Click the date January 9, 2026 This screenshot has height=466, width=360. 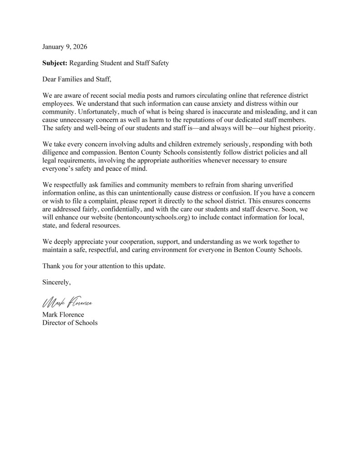65,47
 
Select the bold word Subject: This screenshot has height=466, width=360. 55,63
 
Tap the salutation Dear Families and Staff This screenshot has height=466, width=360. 77,80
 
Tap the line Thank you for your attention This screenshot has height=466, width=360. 104,266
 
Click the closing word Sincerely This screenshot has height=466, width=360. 56,282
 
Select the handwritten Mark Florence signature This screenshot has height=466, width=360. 67,302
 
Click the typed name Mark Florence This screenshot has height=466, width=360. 63,315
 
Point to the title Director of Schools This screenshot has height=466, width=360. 70,323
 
